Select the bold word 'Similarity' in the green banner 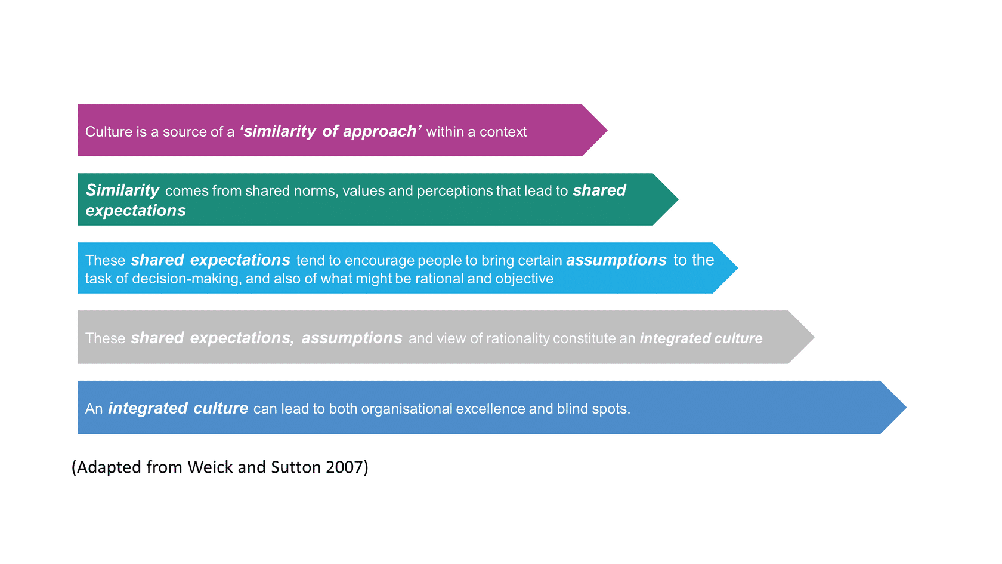(x=123, y=191)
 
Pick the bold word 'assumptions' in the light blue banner (x=617, y=260)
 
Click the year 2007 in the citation (x=345, y=467)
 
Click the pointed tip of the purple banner (x=607, y=130)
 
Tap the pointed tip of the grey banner (x=814, y=337)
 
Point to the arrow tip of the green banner (x=678, y=199)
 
